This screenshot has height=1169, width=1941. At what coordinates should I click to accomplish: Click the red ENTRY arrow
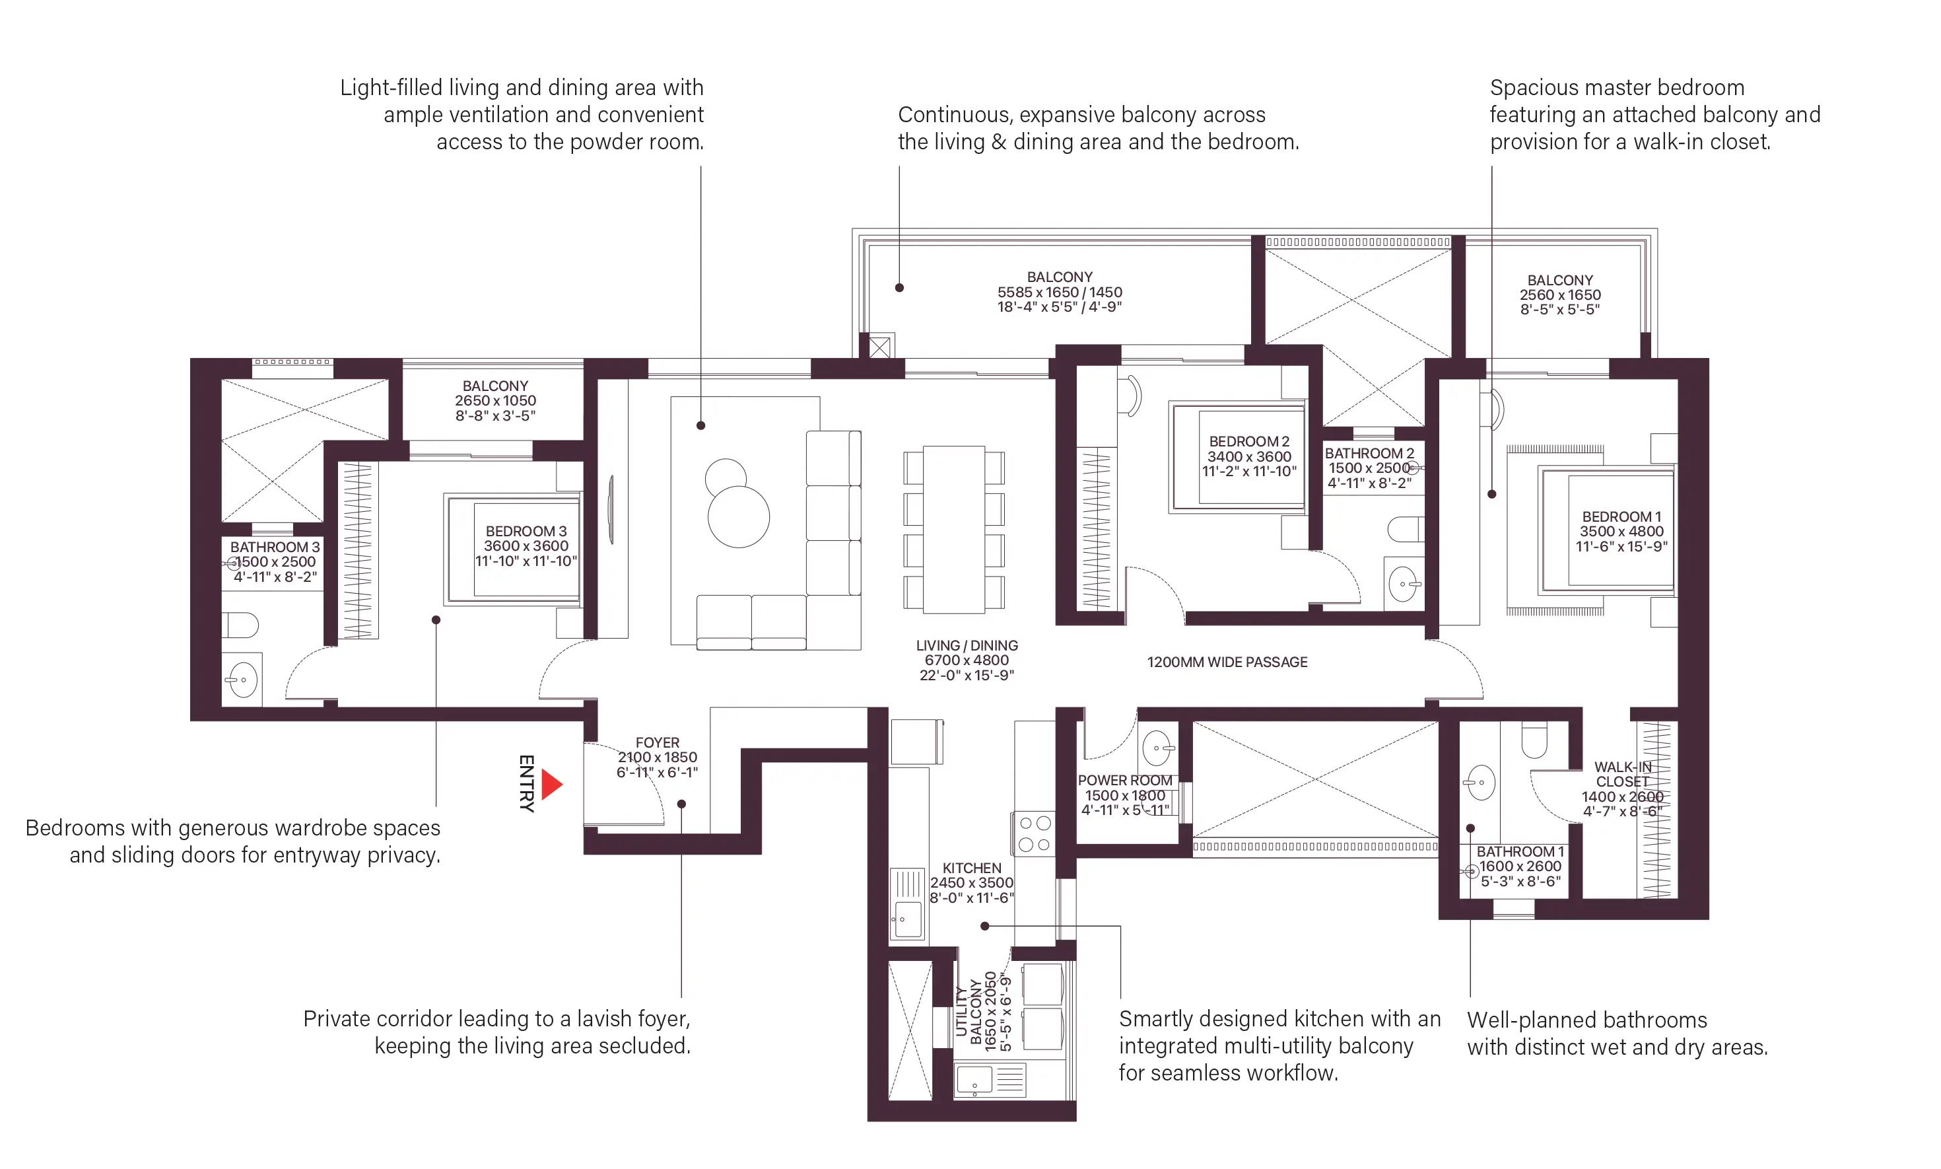[551, 784]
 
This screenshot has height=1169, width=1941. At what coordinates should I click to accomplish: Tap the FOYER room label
[657, 743]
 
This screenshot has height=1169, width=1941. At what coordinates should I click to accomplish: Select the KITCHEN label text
[972, 867]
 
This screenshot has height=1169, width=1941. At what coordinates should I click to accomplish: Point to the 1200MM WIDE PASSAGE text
[1227, 662]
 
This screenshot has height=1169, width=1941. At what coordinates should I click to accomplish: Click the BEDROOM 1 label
[1621, 516]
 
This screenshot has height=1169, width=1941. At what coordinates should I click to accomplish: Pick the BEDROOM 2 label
[1249, 441]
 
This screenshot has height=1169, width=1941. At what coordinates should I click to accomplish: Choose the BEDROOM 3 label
[526, 531]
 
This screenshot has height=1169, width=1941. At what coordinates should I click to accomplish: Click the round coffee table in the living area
[739, 516]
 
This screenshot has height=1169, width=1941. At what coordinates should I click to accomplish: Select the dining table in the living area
[953, 530]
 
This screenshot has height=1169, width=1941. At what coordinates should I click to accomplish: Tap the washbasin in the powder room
[1157, 748]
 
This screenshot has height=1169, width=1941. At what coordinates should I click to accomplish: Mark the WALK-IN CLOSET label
[1622, 774]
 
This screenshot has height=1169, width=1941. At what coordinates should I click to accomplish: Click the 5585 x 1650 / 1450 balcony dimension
[1059, 292]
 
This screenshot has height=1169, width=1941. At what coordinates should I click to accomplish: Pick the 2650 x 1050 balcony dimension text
[494, 401]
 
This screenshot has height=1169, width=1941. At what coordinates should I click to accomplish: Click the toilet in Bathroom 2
[1406, 530]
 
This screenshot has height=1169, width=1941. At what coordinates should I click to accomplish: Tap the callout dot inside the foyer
[681, 804]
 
